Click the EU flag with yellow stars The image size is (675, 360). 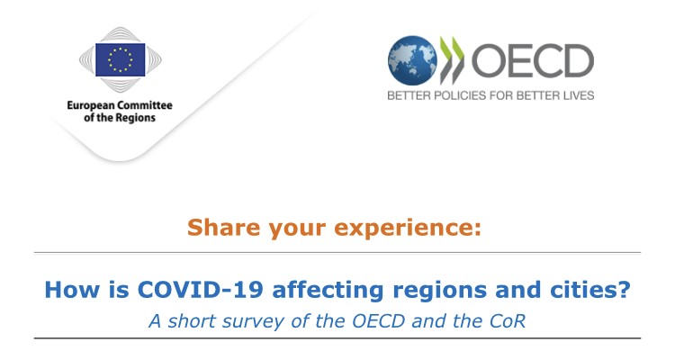(120, 60)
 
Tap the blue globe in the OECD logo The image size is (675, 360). (412, 60)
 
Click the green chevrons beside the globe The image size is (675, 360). (452, 60)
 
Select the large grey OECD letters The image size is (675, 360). (533, 60)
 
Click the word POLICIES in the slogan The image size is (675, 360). (460, 95)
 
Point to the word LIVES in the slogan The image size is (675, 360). (579, 95)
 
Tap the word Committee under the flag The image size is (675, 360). (145, 105)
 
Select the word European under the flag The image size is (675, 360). (90, 106)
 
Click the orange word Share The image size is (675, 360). (224, 228)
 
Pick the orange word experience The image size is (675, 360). (407, 229)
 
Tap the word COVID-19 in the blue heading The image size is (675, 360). (200, 290)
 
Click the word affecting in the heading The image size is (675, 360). (328, 290)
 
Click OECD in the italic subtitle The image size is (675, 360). (378, 320)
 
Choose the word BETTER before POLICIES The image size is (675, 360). (409, 95)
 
